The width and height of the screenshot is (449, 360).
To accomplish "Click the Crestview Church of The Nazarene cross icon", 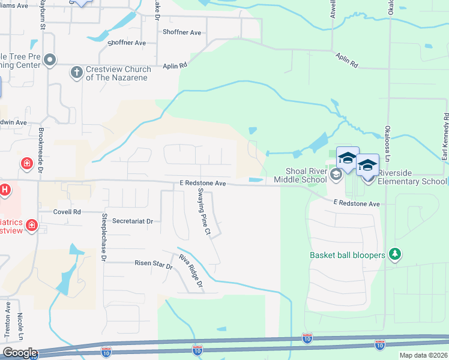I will tap(76, 73).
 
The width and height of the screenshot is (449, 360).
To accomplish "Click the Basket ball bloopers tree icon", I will tap(395, 255).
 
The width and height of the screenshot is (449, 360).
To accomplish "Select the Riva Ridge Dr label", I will tap(191, 271).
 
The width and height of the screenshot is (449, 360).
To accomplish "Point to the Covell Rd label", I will tap(67, 212).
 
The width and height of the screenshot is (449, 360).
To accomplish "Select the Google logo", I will tap(19, 353).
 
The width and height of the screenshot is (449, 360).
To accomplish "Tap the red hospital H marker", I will tap(5, 190).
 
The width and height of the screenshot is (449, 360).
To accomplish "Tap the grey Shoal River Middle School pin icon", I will tap(336, 175).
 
